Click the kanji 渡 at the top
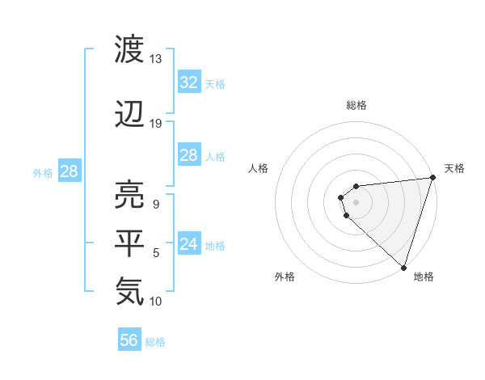pyautogui.click(x=130, y=50)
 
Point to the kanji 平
pyautogui.click(x=130, y=243)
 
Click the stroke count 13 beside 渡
pyautogui.click(x=156, y=59)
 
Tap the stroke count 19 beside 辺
pyautogui.click(x=156, y=123)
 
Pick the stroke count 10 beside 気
pyautogui.click(x=156, y=302)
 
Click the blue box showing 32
pyautogui.click(x=189, y=82)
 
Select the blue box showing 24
pyautogui.click(x=189, y=244)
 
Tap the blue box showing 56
pyautogui.click(x=129, y=340)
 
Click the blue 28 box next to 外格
pyautogui.click(x=69, y=171)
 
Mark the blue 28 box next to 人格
pyautogui.click(x=189, y=155)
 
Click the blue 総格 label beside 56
pyautogui.click(x=155, y=342)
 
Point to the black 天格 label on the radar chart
pyautogui.click(x=454, y=168)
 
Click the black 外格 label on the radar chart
pyautogui.click(x=285, y=277)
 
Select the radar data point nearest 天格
pyautogui.click(x=432, y=178)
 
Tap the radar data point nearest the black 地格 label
pyautogui.click(x=403, y=267)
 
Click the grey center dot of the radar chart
pyautogui.click(x=356, y=202)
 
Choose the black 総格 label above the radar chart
pyautogui.click(x=356, y=105)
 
